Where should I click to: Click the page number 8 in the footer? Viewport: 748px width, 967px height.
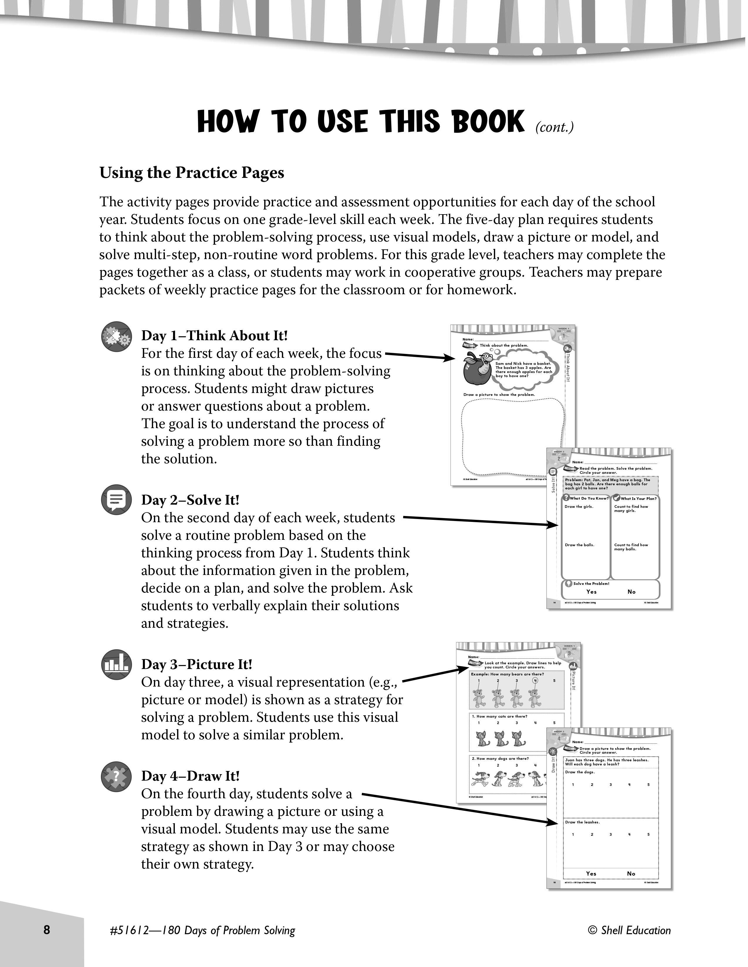pos(47,930)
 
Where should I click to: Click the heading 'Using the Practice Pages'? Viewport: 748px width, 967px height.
pos(192,173)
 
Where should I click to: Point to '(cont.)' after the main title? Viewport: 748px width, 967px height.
pos(554,127)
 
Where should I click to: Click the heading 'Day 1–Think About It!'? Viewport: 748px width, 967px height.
pos(214,336)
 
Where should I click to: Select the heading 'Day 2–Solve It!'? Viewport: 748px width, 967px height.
pos(190,500)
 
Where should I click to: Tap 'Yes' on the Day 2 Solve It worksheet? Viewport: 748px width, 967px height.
pos(591,592)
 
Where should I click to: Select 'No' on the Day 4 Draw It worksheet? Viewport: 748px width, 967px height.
pos(631,874)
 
